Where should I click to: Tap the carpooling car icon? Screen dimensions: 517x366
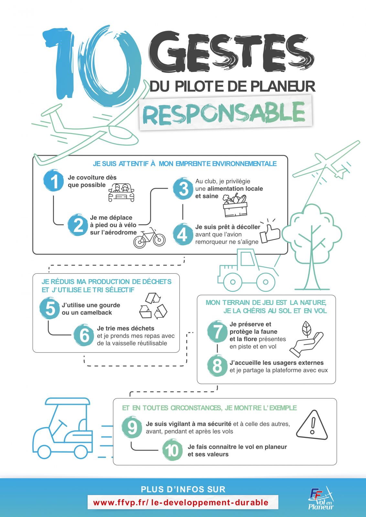point(121,193)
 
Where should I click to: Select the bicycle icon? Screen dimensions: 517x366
point(149,238)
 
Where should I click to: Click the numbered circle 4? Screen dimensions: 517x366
point(183,234)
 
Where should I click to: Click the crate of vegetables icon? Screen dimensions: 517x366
point(235,206)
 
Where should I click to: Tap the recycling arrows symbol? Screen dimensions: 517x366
point(153,306)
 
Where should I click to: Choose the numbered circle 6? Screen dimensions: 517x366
point(84,335)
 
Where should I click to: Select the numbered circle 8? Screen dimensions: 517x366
point(217,365)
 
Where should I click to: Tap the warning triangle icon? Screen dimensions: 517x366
point(312,426)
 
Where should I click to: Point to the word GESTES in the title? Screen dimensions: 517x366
point(231,52)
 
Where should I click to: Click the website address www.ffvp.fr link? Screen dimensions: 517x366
point(181,502)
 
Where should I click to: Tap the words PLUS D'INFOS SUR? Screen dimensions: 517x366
point(183,489)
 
